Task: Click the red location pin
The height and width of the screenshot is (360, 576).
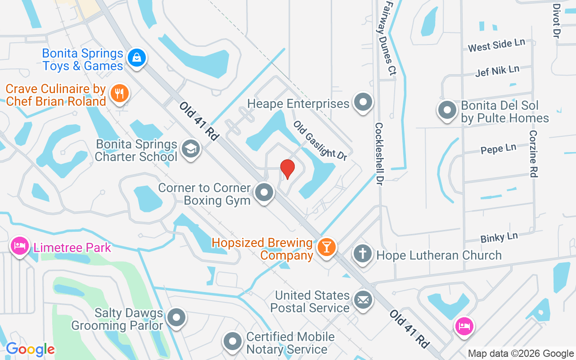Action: coord(287,169)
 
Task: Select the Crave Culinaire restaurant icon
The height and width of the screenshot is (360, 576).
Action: coord(119,94)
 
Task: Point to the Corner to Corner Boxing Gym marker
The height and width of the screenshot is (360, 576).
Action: coord(264,193)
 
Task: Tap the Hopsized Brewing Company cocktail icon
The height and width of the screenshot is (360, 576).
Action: coord(326,247)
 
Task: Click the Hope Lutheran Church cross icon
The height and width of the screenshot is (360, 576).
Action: coord(362,254)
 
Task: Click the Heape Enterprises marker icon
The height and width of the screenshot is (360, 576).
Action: coord(363,103)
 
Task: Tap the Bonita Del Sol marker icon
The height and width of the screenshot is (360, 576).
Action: coord(447,110)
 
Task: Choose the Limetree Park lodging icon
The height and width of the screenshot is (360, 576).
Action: coord(20,246)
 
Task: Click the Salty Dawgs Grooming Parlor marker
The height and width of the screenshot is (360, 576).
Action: coord(176,318)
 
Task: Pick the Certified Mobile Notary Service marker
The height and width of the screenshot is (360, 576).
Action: coord(233,342)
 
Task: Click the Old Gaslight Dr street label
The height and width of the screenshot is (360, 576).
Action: coord(320,140)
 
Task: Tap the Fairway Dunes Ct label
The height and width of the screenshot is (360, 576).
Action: coord(389,38)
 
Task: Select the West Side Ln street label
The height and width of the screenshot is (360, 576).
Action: coord(496,45)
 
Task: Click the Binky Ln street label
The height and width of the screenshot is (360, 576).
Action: coord(499,237)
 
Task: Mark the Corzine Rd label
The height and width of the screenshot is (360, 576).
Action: coord(534,154)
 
